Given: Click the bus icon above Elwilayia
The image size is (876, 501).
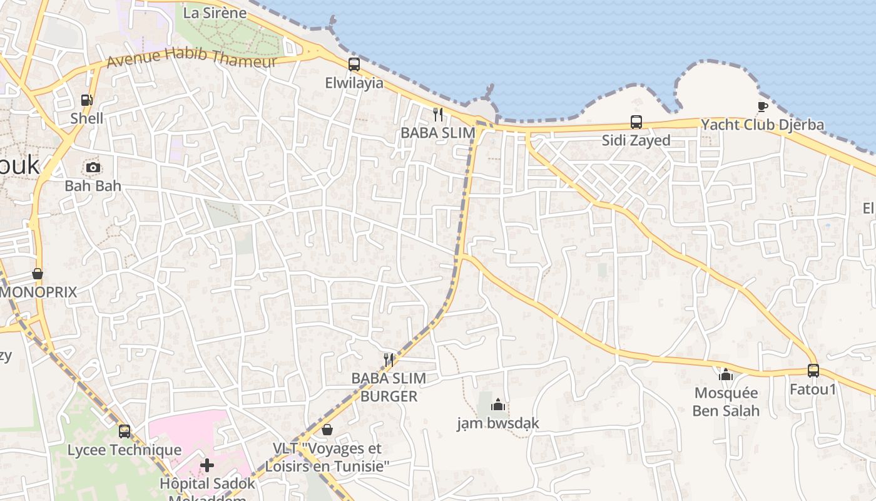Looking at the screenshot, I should [x=354, y=64].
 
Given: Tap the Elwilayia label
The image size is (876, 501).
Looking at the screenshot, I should [x=354, y=83].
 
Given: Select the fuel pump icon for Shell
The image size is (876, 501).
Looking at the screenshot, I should [x=86, y=100].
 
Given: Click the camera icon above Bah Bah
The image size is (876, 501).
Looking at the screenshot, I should [x=93, y=167].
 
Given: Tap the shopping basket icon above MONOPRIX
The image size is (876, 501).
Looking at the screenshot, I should [x=38, y=274].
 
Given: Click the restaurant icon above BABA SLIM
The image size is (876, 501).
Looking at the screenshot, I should [x=438, y=114].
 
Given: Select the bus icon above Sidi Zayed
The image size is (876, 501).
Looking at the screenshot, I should [x=636, y=121].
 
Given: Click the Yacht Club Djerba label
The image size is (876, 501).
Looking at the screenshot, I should [x=762, y=125].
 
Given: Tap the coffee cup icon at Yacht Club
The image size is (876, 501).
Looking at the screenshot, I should [x=762, y=106].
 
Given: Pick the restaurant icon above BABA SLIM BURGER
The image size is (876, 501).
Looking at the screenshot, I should [x=389, y=359].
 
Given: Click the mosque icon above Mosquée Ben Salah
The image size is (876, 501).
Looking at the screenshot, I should [x=726, y=374].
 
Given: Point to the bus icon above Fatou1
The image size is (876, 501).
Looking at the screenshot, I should [x=813, y=370].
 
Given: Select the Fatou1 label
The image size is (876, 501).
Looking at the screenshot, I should [x=813, y=389].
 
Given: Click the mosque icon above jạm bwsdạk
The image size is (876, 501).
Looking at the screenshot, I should [x=498, y=405].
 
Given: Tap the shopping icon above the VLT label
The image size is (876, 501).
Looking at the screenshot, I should [x=327, y=430].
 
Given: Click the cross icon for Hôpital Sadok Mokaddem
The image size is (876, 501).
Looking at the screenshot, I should [x=207, y=465].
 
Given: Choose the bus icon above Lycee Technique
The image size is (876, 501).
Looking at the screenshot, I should [x=125, y=431].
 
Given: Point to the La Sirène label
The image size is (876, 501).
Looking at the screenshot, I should [x=215, y=12].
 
